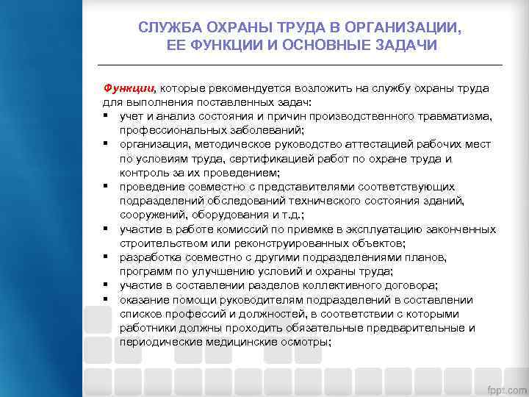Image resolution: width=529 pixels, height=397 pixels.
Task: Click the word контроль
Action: point(143,173)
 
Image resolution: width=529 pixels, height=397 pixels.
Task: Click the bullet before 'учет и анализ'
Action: point(107,116)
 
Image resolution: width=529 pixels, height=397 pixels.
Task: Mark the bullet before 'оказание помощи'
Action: point(107,299)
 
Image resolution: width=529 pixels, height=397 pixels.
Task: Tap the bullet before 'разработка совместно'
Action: point(107,257)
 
